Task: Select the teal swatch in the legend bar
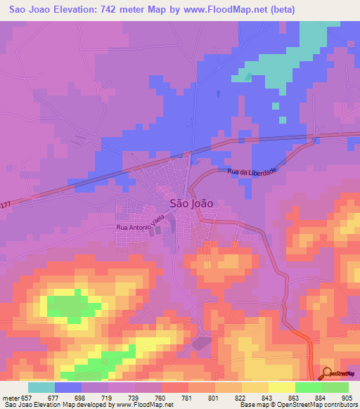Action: (x=41, y=387)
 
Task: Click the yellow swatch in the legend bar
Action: (x=281, y=387)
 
